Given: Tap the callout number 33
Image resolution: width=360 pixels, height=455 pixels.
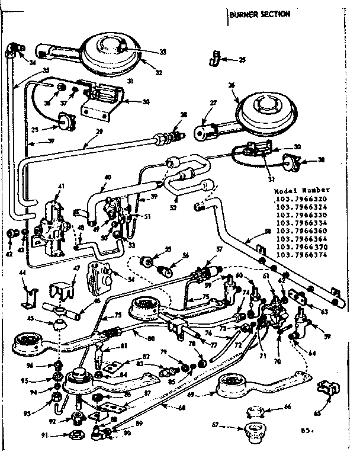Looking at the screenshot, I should [146, 52].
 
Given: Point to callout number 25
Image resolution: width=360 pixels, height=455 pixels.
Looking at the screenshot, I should [242, 59].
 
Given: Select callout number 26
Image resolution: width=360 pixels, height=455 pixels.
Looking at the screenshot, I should [232, 85].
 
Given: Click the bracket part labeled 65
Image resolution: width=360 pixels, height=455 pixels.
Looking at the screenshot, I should [326, 389].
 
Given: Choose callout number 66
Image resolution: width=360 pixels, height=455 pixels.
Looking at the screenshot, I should [288, 408].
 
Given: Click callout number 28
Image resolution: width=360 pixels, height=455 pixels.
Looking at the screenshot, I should [184, 115].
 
